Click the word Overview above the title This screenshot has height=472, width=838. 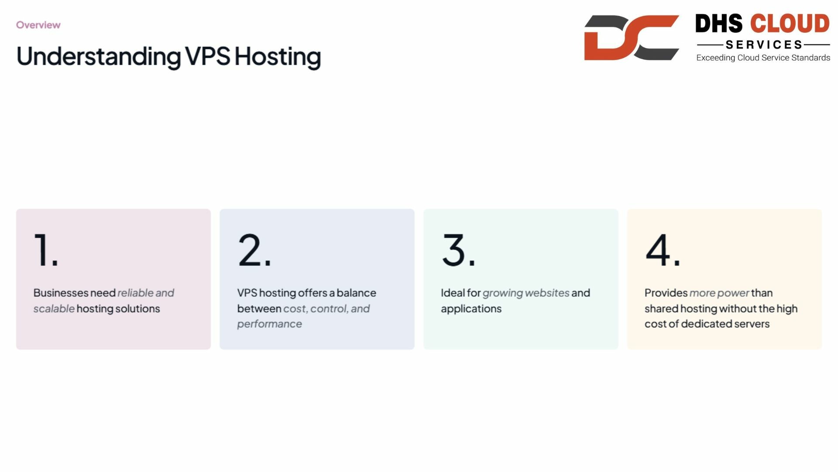pyautogui.click(x=38, y=25)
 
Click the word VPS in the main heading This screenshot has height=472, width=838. pyautogui.click(x=207, y=56)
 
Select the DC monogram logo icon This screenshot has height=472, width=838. pyautogui.click(x=632, y=38)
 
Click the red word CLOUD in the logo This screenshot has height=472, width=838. pyautogui.click(x=790, y=23)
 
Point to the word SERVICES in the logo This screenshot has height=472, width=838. pyautogui.click(x=764, y=45)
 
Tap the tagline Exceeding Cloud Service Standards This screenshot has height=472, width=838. pyautogui.click(x=763, y=58)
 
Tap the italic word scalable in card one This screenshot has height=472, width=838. pyautogui.click(x=54, y=309)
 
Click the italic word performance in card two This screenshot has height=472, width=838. pyautogui.click(x=270, y=324)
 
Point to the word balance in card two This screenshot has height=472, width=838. pyautogui.click(x=356, y=293)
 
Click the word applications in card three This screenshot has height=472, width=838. pyautogui.click(x=471, y=309)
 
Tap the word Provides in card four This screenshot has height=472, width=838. pyautogui.click(x=666, y=293)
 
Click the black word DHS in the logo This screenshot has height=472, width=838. pyautogui.click(x=718, y=23)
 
